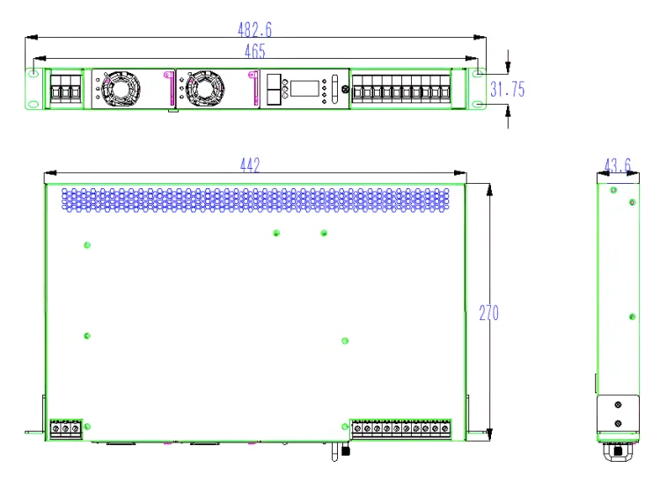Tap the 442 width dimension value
[250, 166]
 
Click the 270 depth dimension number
[488, 312]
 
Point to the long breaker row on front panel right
[401, 90]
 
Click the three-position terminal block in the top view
[65, 428]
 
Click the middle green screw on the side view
[632, 315]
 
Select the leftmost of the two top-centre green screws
[276, 232]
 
